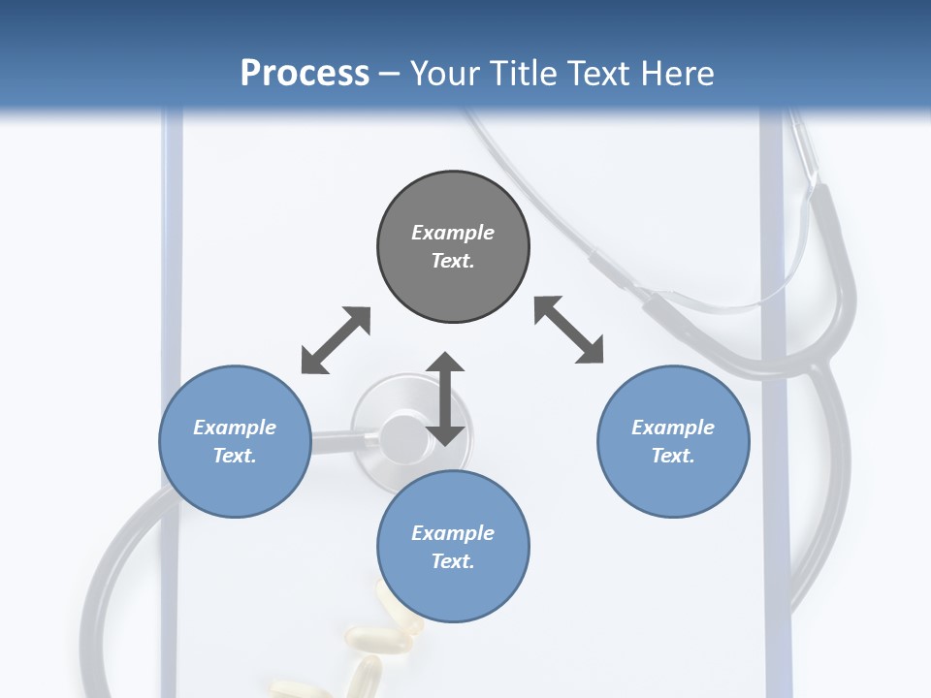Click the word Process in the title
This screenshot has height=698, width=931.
[x=305, y=74]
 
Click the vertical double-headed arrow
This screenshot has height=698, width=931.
[x=445, y=398]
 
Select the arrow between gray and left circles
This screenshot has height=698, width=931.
[x=336, y=340]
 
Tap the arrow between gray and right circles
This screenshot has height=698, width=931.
[x=569, y=330]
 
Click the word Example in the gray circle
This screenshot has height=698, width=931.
[x=453, y=233]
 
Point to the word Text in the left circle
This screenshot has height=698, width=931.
[x=235, y=456]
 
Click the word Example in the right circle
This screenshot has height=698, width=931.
[x=673, y=428]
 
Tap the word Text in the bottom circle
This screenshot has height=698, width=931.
[x=453, y=561]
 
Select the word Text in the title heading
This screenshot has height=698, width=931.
[x=595, y=74]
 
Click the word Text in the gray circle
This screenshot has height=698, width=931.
[x=453, y=261]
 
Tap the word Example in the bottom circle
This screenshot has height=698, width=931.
[x=453, y=533]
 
